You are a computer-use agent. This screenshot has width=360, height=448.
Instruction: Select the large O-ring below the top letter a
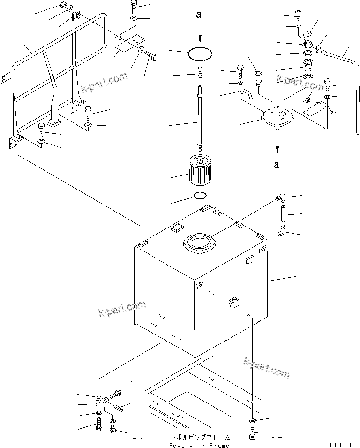click(x=200, y=54)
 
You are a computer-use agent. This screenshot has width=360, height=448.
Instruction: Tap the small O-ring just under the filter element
click(x=200, y=195)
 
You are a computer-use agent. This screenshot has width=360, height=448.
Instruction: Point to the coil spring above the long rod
click(x=200, y=73)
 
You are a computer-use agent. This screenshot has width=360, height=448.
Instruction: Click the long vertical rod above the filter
click(x=200, y=117)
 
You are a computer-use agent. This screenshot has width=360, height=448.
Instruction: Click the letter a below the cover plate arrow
click(x=277, y=164)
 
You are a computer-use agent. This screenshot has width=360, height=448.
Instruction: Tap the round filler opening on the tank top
click(x=199, y=243)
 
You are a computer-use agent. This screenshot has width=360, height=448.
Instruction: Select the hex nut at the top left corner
click(x=64, y=6)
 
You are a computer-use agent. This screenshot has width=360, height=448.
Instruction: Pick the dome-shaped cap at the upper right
click(x=308, y=35)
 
